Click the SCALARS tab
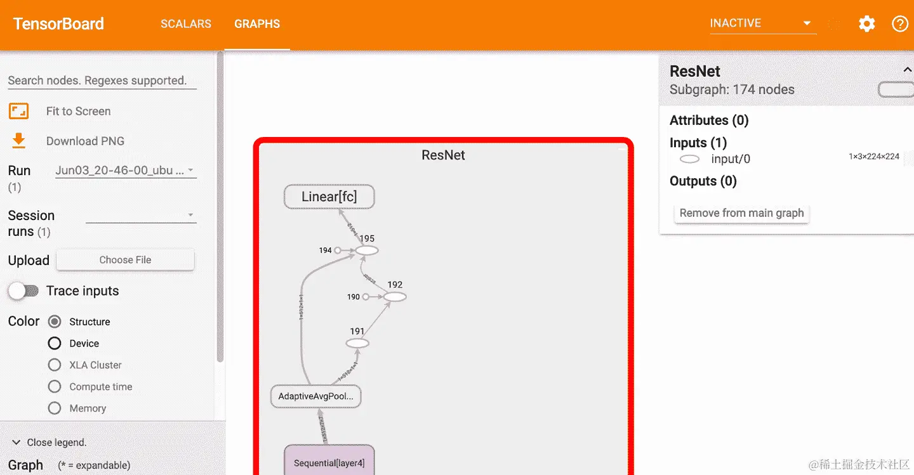click(x=185, y=24)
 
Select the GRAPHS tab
click(x=257, y=24)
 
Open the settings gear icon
click(x=866, y=24)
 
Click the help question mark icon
click(x=900, y=24)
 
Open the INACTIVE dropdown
click(x=762, y=23)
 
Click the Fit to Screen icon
click(x=19, y=112)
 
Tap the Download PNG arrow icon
click(x=19, y=141)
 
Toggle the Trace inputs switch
click(x=23, y=291)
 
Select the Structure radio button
click(x=55, y=322)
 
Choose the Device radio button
click(x=55, y=343)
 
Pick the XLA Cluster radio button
click(x=55, y=365)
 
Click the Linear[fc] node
click(x=329, y=197)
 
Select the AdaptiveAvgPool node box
click(x=315, y=396)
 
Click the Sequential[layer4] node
click(x=329, y=462)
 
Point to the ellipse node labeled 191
click(x=357, y=343)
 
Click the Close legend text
click(x=56, y=442)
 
